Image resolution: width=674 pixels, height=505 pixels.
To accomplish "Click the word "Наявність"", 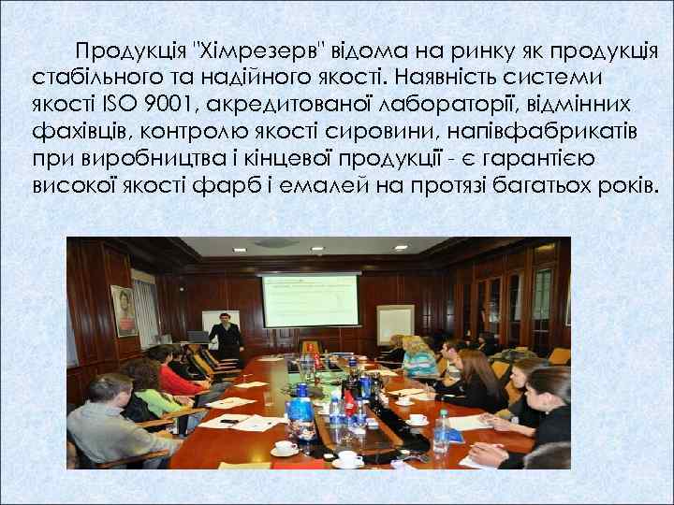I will click(457, 75).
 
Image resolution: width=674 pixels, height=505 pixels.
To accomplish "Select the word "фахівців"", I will click(79, 128).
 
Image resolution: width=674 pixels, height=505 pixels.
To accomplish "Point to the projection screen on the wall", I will click(311, 299).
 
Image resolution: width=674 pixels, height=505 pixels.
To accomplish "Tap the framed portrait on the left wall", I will click(123, 310).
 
